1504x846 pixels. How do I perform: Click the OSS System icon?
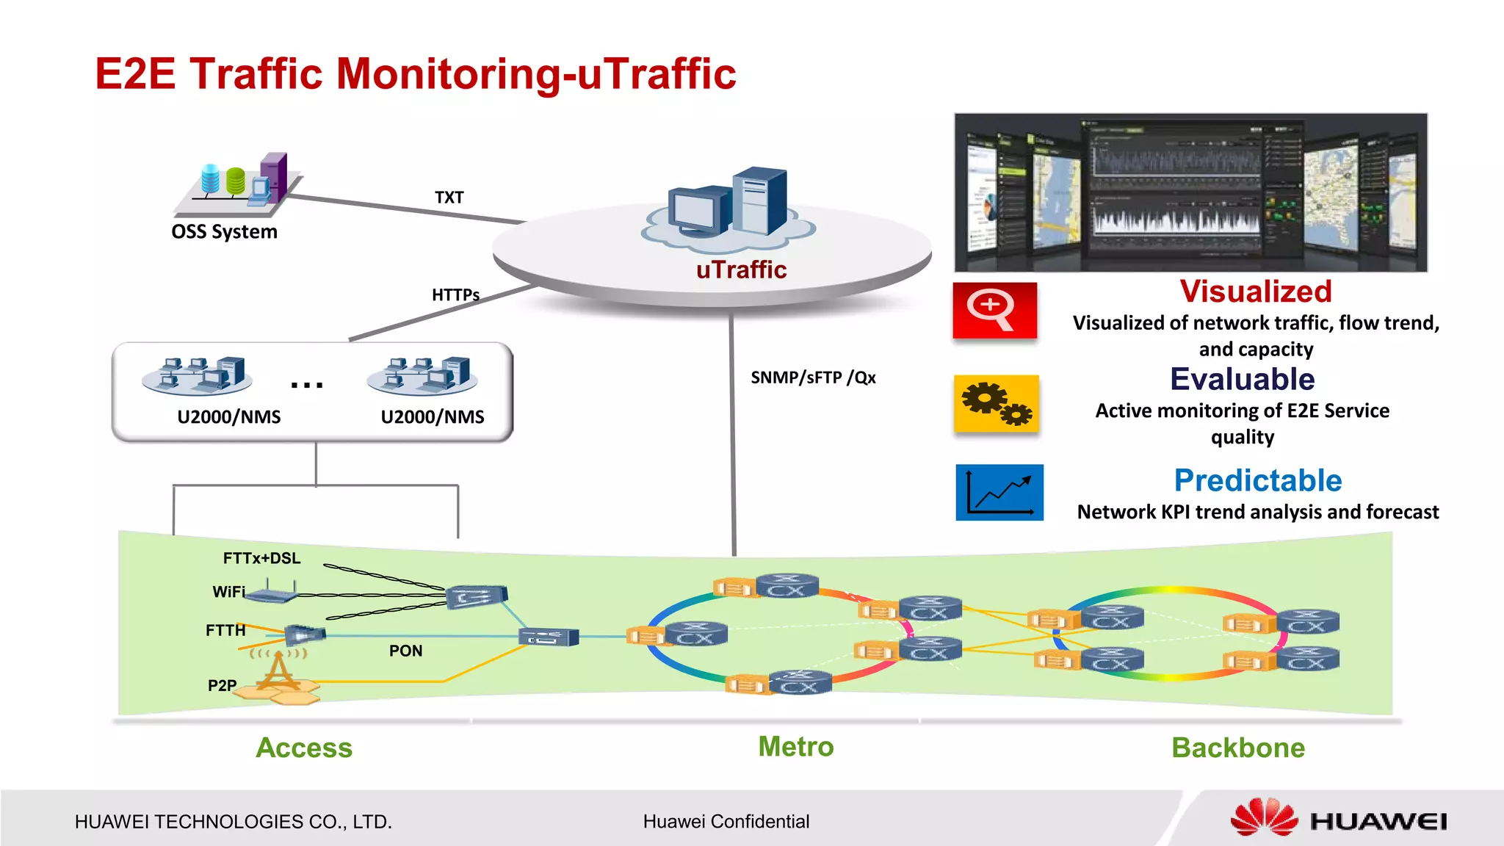click(239, 184)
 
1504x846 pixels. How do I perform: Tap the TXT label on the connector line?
click(449, 198)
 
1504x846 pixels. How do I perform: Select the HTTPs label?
click(455, 295)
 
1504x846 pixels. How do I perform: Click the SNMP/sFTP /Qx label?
click(813, 377)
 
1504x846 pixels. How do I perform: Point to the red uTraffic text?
click(741, 270)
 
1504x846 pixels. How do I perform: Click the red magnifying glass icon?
click(994, 311)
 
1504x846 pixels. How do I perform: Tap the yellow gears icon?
click(996, 403)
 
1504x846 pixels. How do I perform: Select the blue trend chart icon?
click(999, 492)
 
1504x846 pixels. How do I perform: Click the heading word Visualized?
click(1255, 292)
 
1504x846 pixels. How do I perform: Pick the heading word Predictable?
click(1257, 481)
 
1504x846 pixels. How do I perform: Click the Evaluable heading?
click(1242, 380)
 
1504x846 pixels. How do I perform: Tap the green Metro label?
click(795, 747)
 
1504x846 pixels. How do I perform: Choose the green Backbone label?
click(1237, 748)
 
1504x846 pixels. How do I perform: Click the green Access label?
click(304, 748)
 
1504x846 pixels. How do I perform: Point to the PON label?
click(405, 651)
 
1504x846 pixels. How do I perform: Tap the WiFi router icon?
click(270, 592)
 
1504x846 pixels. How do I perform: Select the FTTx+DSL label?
click(261, 558)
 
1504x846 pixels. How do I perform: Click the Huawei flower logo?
click(1263, 817)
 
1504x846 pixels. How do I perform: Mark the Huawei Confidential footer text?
click(726, 822)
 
